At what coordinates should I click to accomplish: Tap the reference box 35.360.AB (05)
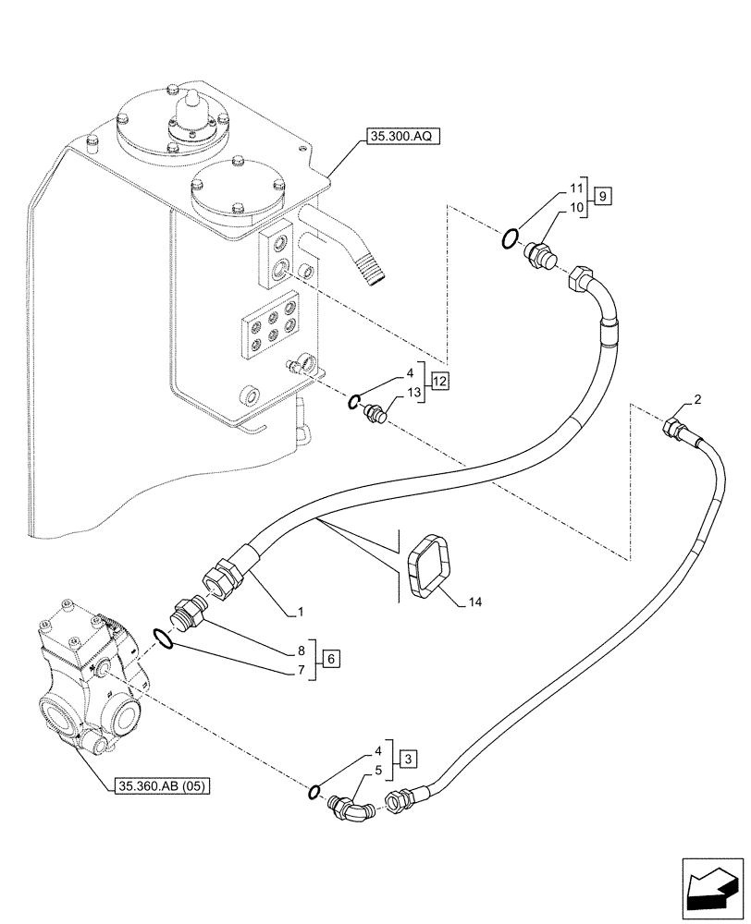(x=164, y=786)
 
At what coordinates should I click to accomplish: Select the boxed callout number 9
(x=602, y=196)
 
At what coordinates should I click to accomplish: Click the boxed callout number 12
(x=438, y=382)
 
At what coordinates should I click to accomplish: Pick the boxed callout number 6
(x=331, y=658)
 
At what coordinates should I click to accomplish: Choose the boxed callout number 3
(x=409, y=760)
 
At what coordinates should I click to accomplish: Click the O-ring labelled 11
(x=508, y=240)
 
